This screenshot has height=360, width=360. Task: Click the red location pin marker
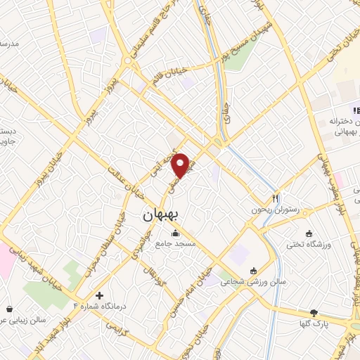181,165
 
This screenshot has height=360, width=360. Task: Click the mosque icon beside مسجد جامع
175,233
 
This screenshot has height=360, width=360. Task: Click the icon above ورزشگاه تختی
309,233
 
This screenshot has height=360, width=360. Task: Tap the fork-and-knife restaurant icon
276,198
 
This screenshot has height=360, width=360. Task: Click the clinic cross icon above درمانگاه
100,295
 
